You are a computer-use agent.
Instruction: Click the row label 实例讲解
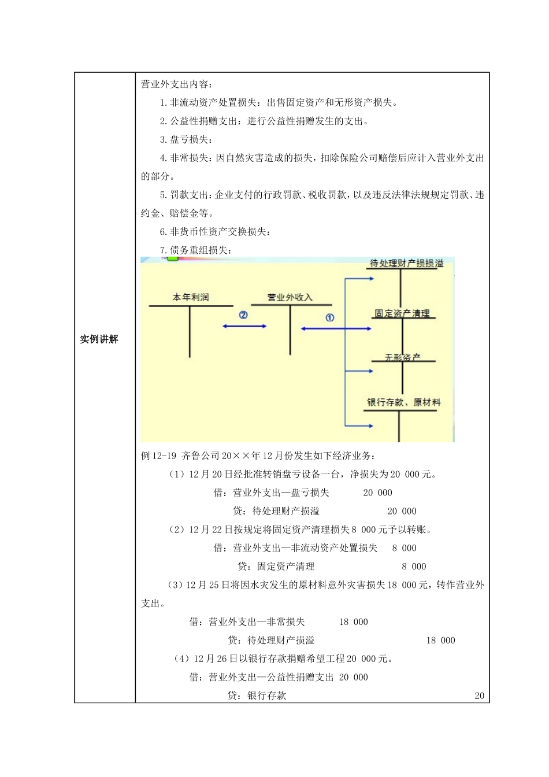point(99,339)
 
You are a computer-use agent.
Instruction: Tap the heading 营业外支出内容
point(177,84)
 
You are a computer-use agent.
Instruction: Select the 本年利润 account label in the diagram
point(191,297)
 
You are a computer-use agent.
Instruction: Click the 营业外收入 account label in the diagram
point(290,297)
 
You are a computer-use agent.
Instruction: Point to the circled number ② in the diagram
point(243,315)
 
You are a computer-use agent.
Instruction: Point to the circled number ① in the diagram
point(330,317)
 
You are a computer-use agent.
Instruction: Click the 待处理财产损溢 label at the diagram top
point(407,264)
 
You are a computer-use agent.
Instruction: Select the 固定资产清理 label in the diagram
point(402,313)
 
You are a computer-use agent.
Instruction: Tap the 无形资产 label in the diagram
point(403,358)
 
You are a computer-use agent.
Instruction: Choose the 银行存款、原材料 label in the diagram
point(403,402)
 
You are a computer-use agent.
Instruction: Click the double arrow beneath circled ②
point(244,327)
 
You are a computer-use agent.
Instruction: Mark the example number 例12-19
point(159,456)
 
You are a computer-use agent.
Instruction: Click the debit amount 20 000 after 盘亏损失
point(377,493)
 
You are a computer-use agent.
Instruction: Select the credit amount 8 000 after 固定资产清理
point(414,567)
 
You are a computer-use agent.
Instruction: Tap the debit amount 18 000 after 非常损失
point(353,622)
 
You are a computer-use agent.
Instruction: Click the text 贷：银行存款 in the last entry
point(257,695)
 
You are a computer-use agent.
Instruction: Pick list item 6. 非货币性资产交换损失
point(215,232)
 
